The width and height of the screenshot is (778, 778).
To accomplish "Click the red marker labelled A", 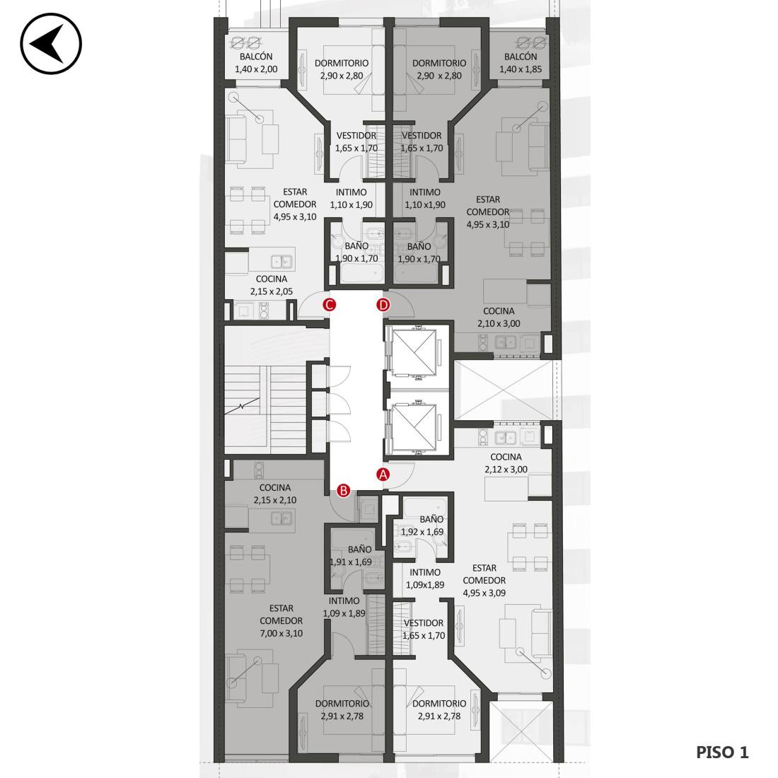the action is pyautogui.click(x=383, y=475).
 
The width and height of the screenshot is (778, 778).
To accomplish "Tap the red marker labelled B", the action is pyautogui.click(x=343, y=491).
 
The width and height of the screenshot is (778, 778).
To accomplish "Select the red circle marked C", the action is pyautogui.click(x=329, y=305).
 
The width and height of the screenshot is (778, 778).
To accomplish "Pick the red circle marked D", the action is pyautogui.click(x=383, y=305).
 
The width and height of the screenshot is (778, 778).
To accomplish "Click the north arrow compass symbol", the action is pyautogui.click(x=51, y=44).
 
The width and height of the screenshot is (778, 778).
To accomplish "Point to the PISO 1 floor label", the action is pyautogui.click(x=722, y=753).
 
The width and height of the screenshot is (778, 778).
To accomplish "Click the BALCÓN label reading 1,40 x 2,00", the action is pyautogui.click(x=256, y=63).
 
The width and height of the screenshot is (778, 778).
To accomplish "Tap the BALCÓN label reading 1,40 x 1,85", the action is pyautogui.click(x=521, y=63).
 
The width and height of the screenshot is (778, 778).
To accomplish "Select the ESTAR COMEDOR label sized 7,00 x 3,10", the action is pyautogui.click(x=281, y=621).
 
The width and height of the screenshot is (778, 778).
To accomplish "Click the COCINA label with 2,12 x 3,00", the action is pyautogui.click(x=506, y=463).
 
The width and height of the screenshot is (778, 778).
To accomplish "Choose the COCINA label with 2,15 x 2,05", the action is pyautogui.click(x=272, y=285).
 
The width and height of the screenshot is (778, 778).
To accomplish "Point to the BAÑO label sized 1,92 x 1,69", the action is pyautogui.click(x=423, y=526).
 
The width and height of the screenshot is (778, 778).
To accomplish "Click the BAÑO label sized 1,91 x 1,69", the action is pyautogui.click(x=352, y=556).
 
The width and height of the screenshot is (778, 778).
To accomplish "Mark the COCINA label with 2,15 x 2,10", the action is pyautogui.click(x=275, y=494).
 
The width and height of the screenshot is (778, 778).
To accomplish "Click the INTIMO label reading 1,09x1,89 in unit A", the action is pyautogui.click(x=425, y=579).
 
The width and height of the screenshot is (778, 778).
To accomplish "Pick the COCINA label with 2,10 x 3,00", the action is pyautogui.click(x=499, y=317).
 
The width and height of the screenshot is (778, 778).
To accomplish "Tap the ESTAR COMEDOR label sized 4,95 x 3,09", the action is pyautogui.click(x=484, y=581).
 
